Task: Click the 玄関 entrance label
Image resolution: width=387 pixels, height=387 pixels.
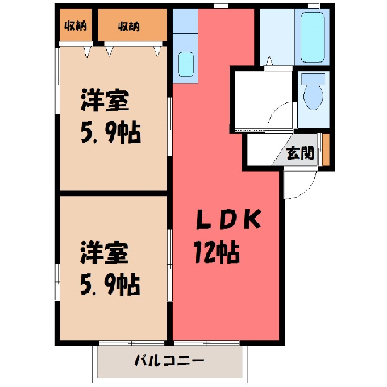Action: [x=300, y=153]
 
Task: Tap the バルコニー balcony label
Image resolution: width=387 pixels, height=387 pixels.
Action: [x=169, y=360]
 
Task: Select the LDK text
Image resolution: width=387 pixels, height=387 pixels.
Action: [x=228, y=219]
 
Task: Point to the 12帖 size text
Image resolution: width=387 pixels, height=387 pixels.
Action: [x=217, y=252]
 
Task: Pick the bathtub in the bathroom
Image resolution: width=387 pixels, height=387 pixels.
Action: [x=313, y=37]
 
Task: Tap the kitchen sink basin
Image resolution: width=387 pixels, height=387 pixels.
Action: [x=186, y=64]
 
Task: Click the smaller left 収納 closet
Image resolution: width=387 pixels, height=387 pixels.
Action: [x=76, y=25]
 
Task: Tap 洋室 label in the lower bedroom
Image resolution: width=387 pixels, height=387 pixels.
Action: [x=104, y=252]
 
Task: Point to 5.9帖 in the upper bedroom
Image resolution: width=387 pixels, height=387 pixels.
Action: [x=110, y=132]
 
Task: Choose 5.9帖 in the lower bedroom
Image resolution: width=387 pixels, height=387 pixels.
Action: [x=110, y=285]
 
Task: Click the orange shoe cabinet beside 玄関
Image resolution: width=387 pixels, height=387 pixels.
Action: [x=326, y=150]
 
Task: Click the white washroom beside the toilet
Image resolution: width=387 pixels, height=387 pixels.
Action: [x=264, y=99]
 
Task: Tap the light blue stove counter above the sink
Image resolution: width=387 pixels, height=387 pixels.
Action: [x=185, y=21]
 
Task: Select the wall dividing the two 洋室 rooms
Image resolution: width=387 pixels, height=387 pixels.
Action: [x=114, y=193]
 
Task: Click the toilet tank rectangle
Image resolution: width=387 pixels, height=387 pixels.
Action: [x=313, y=78]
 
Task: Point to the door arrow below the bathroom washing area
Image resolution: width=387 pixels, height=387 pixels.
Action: [x=269, y=61]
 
